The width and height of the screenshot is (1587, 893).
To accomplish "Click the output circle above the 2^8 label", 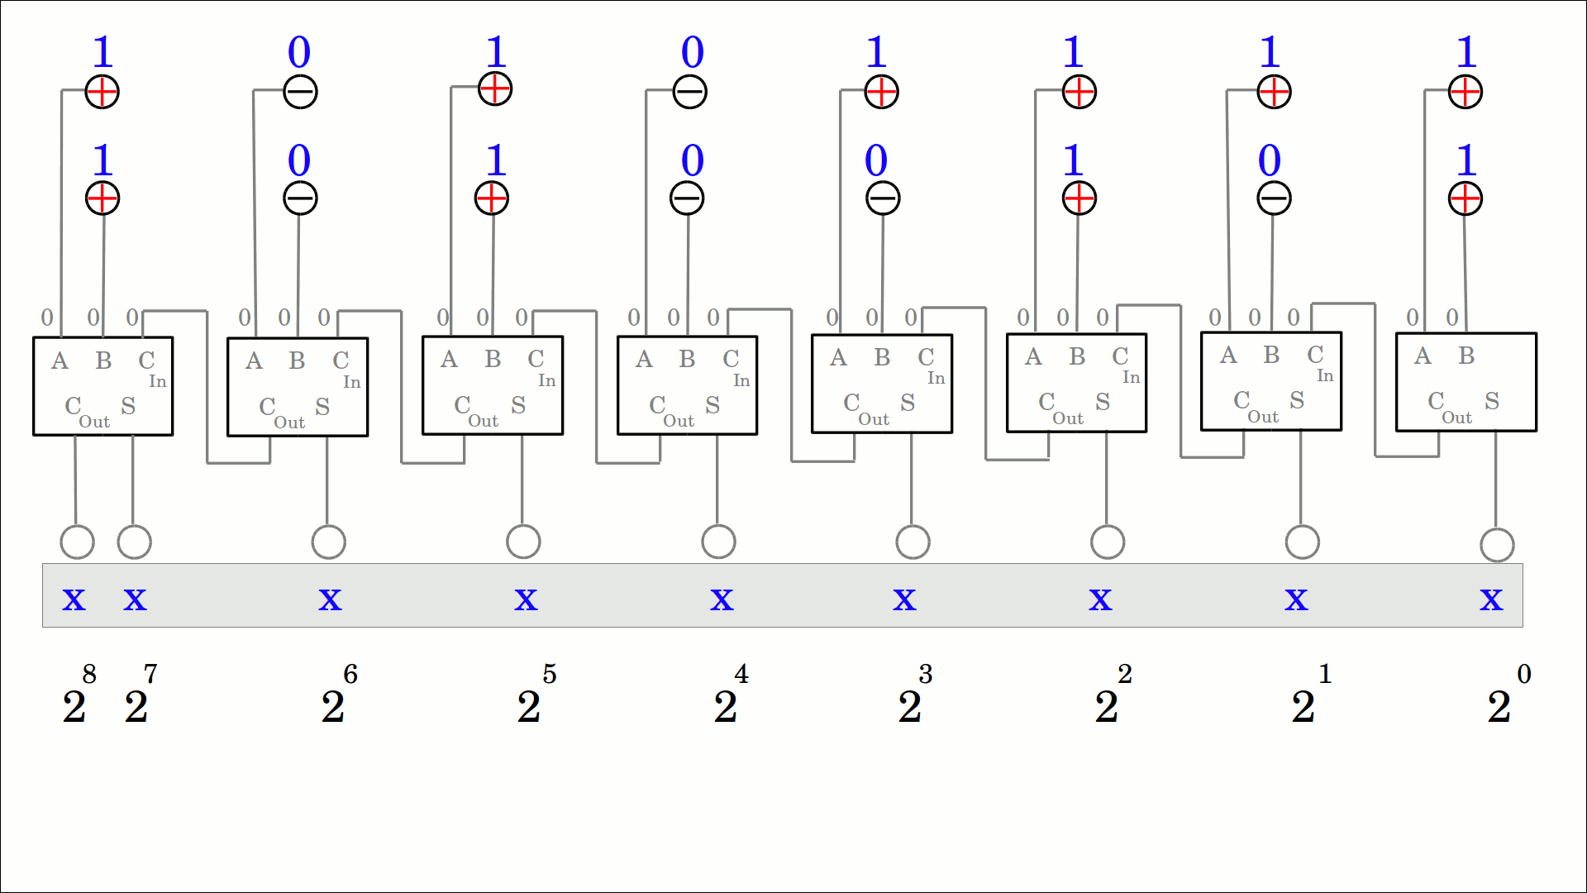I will coord(78,542).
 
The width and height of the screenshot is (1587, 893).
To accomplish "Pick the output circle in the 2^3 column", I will coord(913,542).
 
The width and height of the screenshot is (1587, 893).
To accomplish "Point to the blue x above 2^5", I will coord(526,598).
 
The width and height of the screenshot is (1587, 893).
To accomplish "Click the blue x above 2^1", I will coord(1296,598).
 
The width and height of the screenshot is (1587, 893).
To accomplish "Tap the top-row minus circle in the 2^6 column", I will coord(300,92).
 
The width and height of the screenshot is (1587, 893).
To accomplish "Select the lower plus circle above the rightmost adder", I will coord(1465,198).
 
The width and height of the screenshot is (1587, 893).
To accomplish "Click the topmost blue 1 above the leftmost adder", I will coord(102,52).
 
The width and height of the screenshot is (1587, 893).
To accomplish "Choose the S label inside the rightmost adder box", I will coord(1492,401).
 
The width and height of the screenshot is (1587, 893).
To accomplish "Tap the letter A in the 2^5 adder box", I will coord(449,359).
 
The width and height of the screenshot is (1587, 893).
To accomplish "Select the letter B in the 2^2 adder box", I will coord(1076,356).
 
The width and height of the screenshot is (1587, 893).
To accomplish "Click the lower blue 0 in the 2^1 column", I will coord(1270,160).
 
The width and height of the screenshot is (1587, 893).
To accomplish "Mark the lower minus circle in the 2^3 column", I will coord(883,198).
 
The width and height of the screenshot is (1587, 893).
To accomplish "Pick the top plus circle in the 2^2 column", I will coord(1079,92).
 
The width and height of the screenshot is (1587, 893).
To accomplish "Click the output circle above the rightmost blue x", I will coord(1497,545).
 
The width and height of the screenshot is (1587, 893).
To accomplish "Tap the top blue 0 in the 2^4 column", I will coord(693,52).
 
